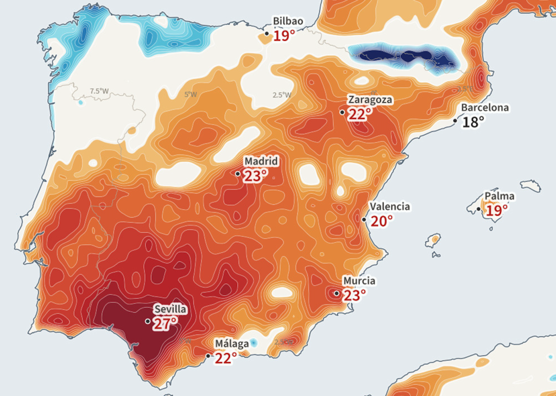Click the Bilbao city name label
tap(288, 21)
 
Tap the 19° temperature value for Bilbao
tap(284, 36)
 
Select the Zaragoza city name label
tap(370, 100)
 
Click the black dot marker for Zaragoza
tap(342, 112)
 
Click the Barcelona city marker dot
tap(456, 120)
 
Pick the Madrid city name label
tap(261, 161)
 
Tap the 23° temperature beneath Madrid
tap(255, 176)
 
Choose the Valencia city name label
tap(390, 207)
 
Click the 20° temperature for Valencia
tap(382, 222)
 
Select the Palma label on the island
tap(500, 196)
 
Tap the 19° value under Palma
tap(496, 210)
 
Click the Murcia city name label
tap(359, 281)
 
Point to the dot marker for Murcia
tap(337, 293)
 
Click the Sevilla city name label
tap(170, 310)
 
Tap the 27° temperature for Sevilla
tap(165, 324)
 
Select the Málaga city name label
tap(232, 344)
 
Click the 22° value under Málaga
tap(226, 359)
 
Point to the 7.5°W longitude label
tap(99, 91)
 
